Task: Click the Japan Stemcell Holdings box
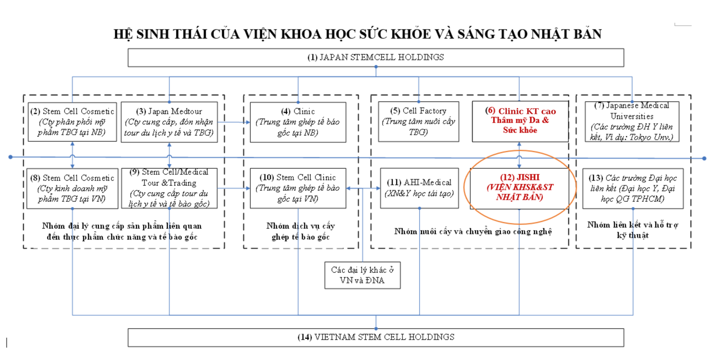pos(376,58)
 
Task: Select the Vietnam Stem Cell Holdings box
pos(376,337)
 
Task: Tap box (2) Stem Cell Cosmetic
pos(72,122)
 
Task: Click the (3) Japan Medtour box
pos(169,122)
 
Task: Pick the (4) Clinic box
pos(298,122)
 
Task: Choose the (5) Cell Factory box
pos(419,121)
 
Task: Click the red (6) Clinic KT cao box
pos(520,121)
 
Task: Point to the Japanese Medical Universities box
pos(632,121)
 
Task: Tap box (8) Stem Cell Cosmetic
pos(72,189)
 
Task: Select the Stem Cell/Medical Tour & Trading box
pos(169,189)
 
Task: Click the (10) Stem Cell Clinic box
pos(298,189)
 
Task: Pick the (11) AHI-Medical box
pos(419,189)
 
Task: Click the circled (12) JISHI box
pos(519,189)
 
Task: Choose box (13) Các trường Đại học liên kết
pos(633,189)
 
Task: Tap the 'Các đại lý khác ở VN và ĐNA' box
pos(362,276)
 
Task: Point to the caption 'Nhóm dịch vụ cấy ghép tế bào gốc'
pos(301,231)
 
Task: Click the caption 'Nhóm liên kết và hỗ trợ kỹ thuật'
pos(633,230)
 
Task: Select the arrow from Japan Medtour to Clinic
pos(234,122)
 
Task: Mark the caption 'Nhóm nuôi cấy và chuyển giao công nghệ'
pos(473,231)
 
